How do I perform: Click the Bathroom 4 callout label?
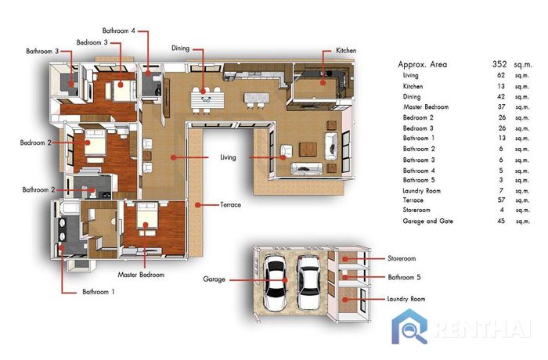[x=118, y=31]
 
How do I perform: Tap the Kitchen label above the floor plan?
[x=346, y=51]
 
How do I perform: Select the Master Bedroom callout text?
[x=141, y=275]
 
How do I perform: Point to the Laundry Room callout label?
[x=406, y=299]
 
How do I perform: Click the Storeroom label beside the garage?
[x=402, y=258]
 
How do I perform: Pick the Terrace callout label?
[x=230, y=205]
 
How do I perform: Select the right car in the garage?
[x=308, y=283]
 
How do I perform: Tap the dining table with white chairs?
[x=207, y=99]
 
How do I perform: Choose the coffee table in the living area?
[x=308, y=149]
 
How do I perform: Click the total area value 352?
[x=499, y=64]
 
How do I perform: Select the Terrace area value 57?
[x=501, y=200]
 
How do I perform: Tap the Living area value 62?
[x=501, y=75]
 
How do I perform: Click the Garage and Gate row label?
[x=427, y=221]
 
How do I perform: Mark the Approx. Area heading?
[x=422, y=64]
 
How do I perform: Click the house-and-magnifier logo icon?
[x=409, y=327]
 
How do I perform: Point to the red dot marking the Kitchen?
[x=323, y=83]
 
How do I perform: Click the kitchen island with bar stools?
[x=256, y=100]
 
